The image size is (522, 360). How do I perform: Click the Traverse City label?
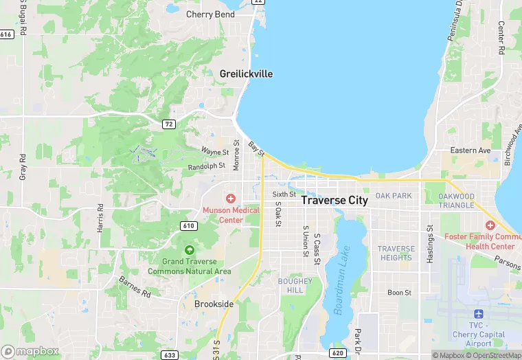(334, 201)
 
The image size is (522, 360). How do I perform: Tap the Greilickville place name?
(247, 74)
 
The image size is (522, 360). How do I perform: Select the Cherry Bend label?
(209, 14)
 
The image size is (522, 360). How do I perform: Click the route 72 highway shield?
(168, 124)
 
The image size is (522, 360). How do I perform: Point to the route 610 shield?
(190, 226)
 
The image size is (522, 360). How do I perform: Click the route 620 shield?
(337, 352)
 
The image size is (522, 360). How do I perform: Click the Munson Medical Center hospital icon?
(231, 199)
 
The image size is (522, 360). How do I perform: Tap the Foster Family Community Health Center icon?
(490, 225)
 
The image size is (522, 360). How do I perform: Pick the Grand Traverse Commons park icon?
(189, 249)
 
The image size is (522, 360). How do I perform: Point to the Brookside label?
(214, 304)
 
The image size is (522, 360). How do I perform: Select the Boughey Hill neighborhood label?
(295, 285)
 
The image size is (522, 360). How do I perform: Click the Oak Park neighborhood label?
(394, 196)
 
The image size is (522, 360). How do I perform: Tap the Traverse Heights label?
(396, 253)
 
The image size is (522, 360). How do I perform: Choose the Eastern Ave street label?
(470, 150)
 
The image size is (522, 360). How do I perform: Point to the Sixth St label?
(283, 194)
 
